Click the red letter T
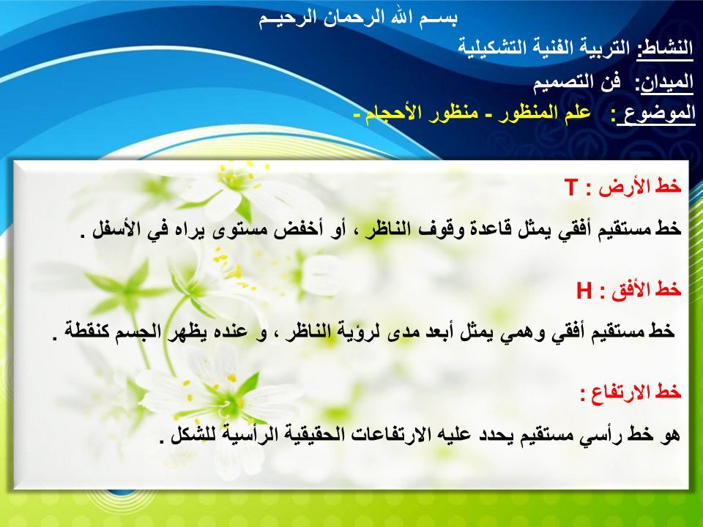[572, 187]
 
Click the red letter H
[584, 291]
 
